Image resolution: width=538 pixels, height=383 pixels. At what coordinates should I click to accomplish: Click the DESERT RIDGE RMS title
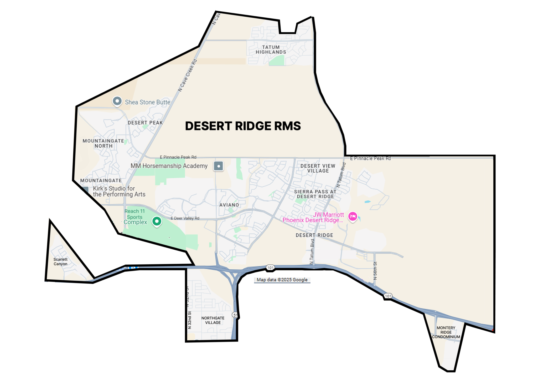pyautogui.click(x=243, y=126)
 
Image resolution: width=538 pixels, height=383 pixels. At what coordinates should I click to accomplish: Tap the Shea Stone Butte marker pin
pyautogui.click(x=117, y=101)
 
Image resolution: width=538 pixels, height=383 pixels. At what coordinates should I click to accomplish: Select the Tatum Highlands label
pyautogui.click(x=271, y=50)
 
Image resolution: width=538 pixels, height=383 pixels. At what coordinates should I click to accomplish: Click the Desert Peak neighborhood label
pyautogui.click(x=145, y=123)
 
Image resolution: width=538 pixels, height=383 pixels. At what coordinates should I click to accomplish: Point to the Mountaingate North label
pyautogui.click(x=103, y=143)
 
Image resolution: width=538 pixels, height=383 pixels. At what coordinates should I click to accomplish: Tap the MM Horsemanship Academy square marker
pyautogui.click(x=219, y=166)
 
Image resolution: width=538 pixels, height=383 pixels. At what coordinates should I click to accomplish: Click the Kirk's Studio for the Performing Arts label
pyautogui.click(x=119, y=191)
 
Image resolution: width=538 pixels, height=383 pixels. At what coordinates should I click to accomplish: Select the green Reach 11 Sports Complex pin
pyautogui.click(x=157, y=221)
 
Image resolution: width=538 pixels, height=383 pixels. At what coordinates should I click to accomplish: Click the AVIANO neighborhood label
pyautogui.click(x=229, y=205)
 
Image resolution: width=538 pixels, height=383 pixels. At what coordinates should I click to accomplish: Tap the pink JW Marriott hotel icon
pyautogui.click(x=353, y=216)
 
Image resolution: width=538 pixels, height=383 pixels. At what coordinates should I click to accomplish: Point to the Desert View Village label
pyautogui.click(x=318, y=168)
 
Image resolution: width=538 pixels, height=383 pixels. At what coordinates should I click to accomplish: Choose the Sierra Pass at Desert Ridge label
pyautogui.click(x=315, y=194)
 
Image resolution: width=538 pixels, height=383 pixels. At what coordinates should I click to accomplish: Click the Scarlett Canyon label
pyautogui.click(x=60, y=261)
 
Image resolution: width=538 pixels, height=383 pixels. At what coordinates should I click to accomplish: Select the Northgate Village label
pyautogui.click(x=213, y=320)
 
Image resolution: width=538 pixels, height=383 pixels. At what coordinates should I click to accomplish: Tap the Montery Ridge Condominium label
pyautogui.click(x=446, y=332)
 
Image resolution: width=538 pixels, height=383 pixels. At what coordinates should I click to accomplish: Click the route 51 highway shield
pyautogui.click(x=235, y=315)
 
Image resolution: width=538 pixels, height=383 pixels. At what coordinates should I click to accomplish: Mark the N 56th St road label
pyautogui.click(x=375, y=271)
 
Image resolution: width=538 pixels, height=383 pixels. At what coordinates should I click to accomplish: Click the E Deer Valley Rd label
pyautogui.click(x=185, y=218)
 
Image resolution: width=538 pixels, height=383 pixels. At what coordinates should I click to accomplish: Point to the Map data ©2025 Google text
pyautogui.click(x=282, y=280)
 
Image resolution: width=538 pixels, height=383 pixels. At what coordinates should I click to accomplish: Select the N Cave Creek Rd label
pyautogui.click(x=187, y=75)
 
